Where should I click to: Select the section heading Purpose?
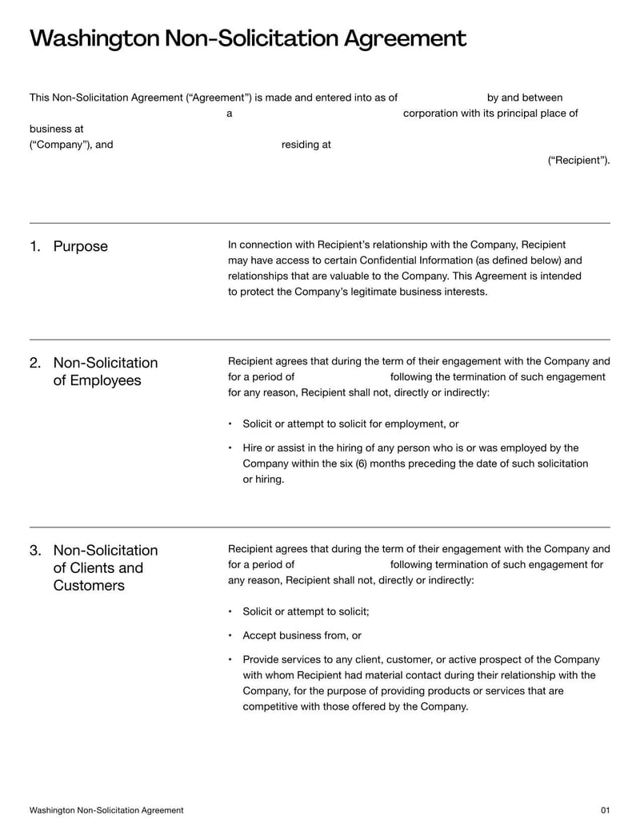(x=80, y=246)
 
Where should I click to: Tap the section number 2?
(x=35, y=363)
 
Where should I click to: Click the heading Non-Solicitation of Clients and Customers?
(x=105, y=568)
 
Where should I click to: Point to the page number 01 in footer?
(x=605, y=810)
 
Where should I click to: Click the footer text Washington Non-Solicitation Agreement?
(x=106, y=810)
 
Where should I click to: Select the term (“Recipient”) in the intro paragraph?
(x=578, y=161)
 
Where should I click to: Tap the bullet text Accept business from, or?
(x=302, y=636)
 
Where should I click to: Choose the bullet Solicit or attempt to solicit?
(x=306, y=612)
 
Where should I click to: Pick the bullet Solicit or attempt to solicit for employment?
(x=350, y=424)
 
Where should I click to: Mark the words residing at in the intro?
(x=306, y=145)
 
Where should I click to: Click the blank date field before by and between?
(x=442, y=98)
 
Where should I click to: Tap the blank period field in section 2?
(x=342, y=377)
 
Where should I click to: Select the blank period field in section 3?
(x=342, y=565)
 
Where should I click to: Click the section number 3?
(x=35, y=551)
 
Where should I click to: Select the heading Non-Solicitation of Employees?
(x=105, y=372)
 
